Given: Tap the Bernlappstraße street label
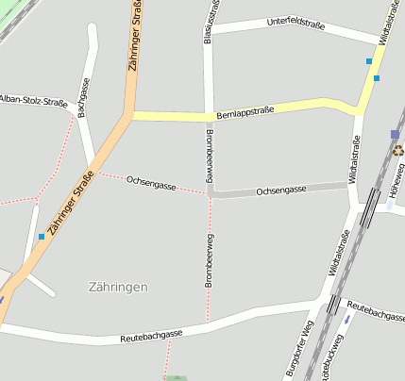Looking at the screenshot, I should coord(245,111).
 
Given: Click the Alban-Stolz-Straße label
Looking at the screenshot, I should coord(33,99).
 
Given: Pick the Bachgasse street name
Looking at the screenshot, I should coord(84,96).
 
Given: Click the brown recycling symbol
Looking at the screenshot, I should coord(398,149).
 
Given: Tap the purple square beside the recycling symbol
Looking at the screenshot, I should coord(395,135).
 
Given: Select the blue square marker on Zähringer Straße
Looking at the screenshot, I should coord(42,237).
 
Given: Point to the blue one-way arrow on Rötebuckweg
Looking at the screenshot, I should coord(347,319).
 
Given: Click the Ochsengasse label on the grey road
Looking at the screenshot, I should coord(281,190).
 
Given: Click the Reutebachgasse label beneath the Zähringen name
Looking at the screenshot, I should coord(151,336).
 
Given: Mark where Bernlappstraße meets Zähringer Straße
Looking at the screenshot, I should coord(130,115).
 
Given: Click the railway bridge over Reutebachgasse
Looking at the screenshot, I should coord(333,304).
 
